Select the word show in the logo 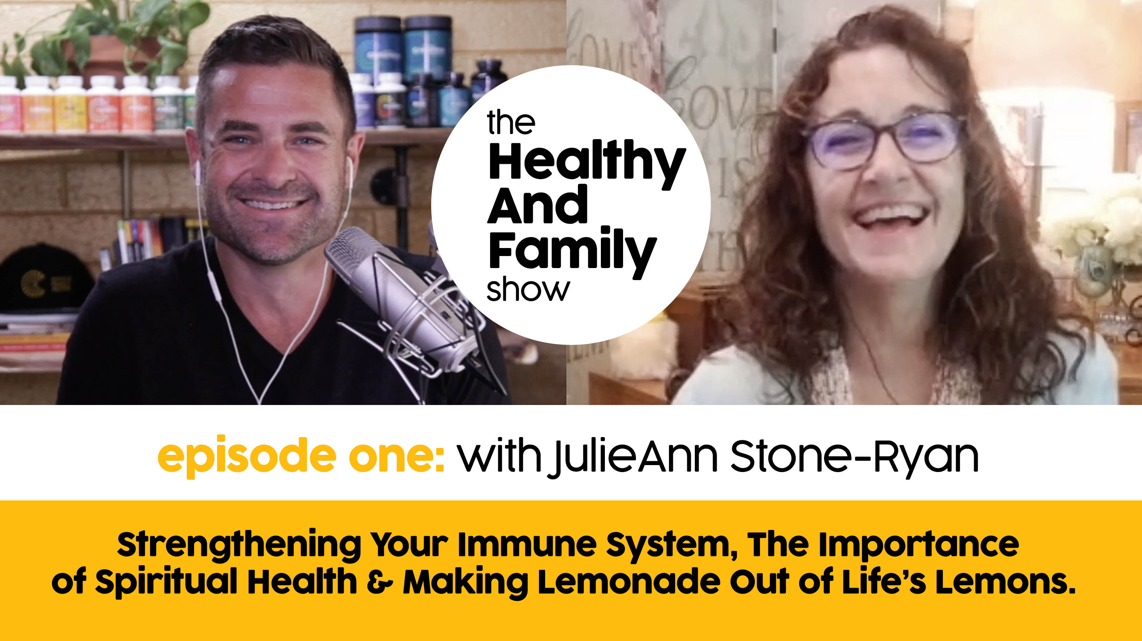pos(528,290)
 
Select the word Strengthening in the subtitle pos(239,545)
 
